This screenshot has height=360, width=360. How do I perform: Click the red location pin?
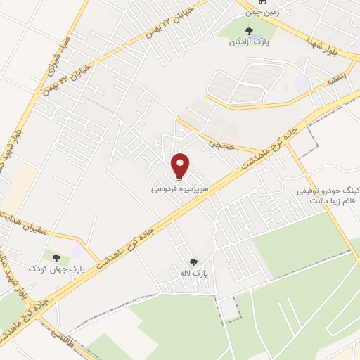click(x=181, y=165)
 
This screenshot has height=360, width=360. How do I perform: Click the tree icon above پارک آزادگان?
click(x=247, y=30)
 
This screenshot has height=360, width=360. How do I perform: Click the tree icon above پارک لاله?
click(x=193, y=262)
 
